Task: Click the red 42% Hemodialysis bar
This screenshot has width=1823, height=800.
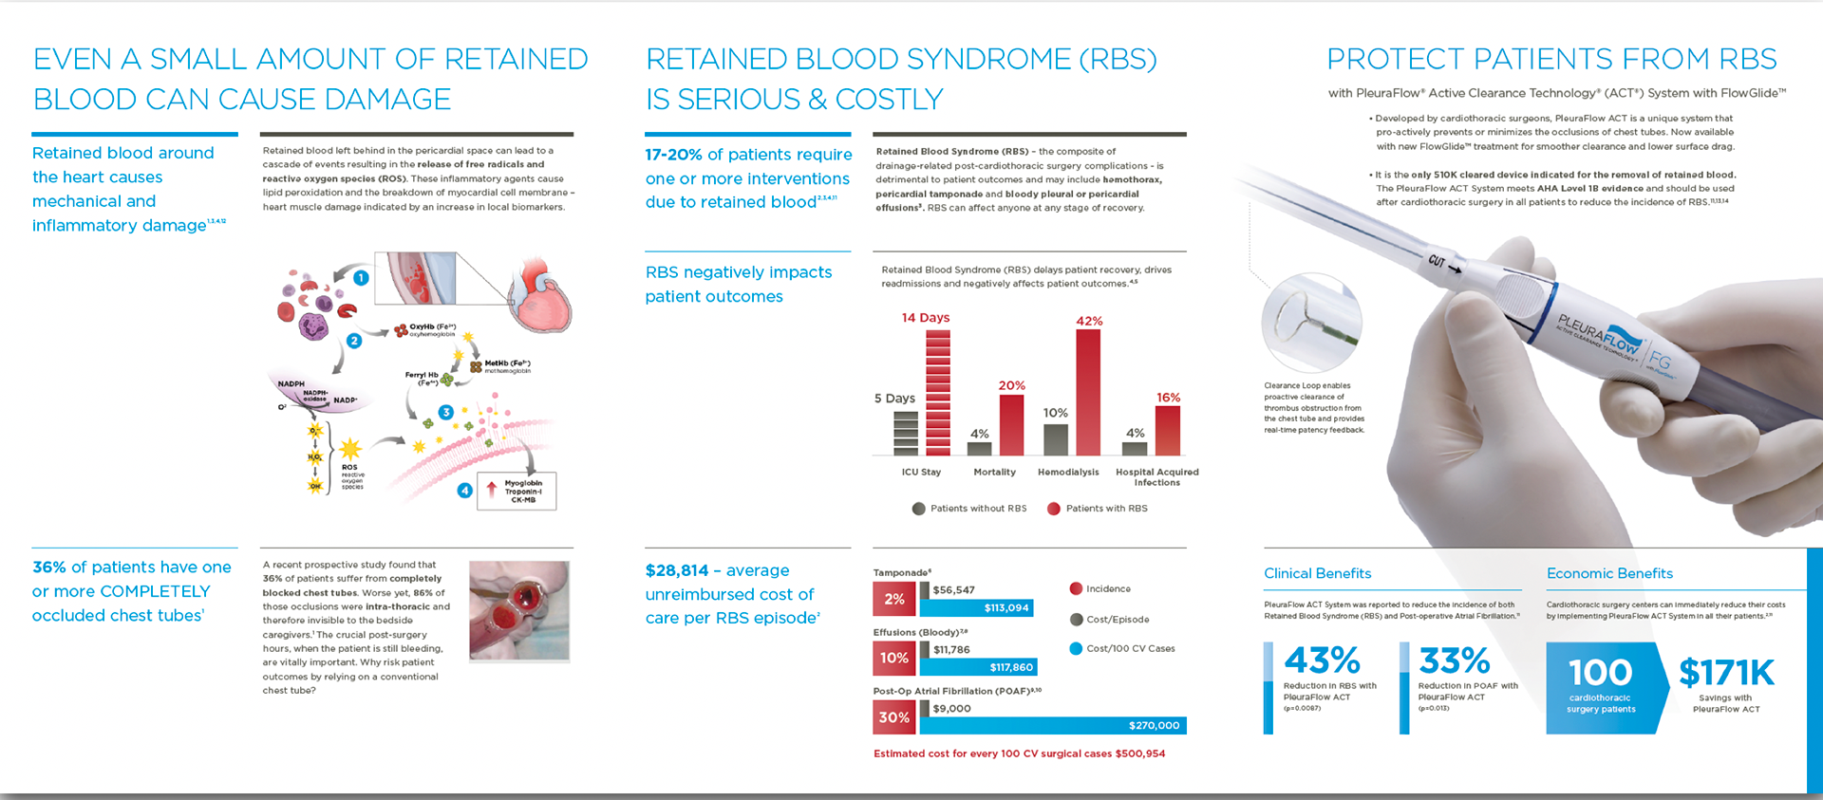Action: click(x=1088, y=393)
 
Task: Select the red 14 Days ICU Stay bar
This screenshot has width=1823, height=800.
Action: click(x=937, y=393)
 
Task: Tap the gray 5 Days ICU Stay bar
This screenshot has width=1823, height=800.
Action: click(x=906, y=433)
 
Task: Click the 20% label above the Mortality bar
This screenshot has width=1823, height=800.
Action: click(x=1011, y=385)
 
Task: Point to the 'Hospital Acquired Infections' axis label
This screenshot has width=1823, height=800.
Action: click(x=1156, y=476)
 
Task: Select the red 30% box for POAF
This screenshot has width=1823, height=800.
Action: click(x=893, y=717)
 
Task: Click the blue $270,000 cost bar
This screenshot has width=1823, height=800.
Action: click(x=1052, y=725)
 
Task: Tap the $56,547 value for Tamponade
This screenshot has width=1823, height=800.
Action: click(x=953, y=590)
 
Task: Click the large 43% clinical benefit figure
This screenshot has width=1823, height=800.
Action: click(x=1323, y=660)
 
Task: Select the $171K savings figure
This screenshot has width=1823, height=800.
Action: click(x=1725, y=673)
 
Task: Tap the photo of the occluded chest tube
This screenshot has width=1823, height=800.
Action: click(x=519, y=610)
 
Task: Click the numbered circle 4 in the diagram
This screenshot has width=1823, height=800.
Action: click(x=464, y=491)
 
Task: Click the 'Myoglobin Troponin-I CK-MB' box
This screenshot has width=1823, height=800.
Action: click(x=517, y=491)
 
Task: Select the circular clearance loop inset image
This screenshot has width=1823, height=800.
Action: click(x=1311, y=323)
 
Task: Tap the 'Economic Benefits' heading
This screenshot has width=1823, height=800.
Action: click(x=1609, y=573)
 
